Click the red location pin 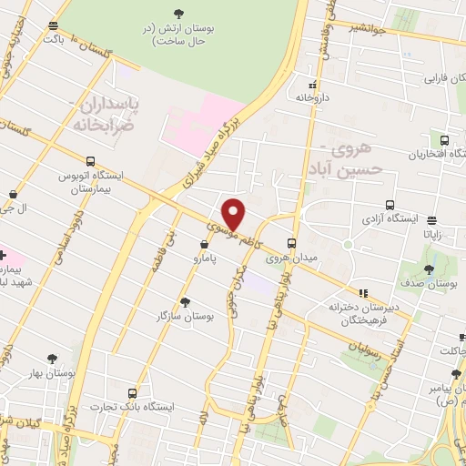(235, 214)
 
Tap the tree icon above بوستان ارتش (177, 13)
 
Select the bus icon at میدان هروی (291, 243)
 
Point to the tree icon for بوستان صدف (429, 269)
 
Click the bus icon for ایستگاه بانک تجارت (133, 393)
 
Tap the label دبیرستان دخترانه (366, 308)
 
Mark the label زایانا (432, 233)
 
